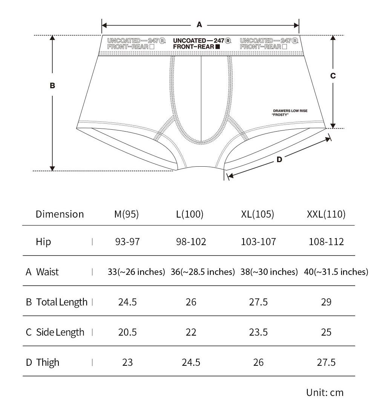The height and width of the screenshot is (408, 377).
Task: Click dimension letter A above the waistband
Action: click(x=199, y=25)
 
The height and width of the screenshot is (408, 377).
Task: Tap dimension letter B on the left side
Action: click(x=52, y=86)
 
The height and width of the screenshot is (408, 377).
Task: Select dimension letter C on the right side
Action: click(x=333, y=76)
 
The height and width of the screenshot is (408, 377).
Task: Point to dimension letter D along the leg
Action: click(x=279, y=160)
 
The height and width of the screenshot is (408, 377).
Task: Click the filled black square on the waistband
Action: click(x=217, y=47)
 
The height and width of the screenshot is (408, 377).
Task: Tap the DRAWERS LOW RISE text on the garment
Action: click(x=290, y=111)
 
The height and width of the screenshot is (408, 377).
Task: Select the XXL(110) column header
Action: click(x=326, y=214)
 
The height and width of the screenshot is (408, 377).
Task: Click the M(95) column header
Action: click(x=127, y=214)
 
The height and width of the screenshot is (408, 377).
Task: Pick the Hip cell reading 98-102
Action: click(x=191, y=242)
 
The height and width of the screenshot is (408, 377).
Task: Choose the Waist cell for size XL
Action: click(x=269, y=272)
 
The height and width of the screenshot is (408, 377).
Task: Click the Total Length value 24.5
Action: click(x=127, y=302)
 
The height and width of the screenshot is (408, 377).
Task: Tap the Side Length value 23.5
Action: click(x=259, y=332)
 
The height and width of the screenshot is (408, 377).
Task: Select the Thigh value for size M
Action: click(x=127, y=362)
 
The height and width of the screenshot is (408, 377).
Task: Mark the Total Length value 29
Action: click(x=326, y=302)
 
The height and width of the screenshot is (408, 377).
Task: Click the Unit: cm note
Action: click(x=325, y=393)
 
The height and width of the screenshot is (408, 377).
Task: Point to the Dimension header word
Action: click(x=60, y=214)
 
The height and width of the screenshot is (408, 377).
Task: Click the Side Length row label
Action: click(x=60, y=332)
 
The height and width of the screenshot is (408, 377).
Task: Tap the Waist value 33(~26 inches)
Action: click(x=136, y=272)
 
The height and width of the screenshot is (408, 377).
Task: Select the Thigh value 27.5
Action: click(x=326, y=362)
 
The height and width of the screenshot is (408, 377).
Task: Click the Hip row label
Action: click(x=43, y=242)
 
